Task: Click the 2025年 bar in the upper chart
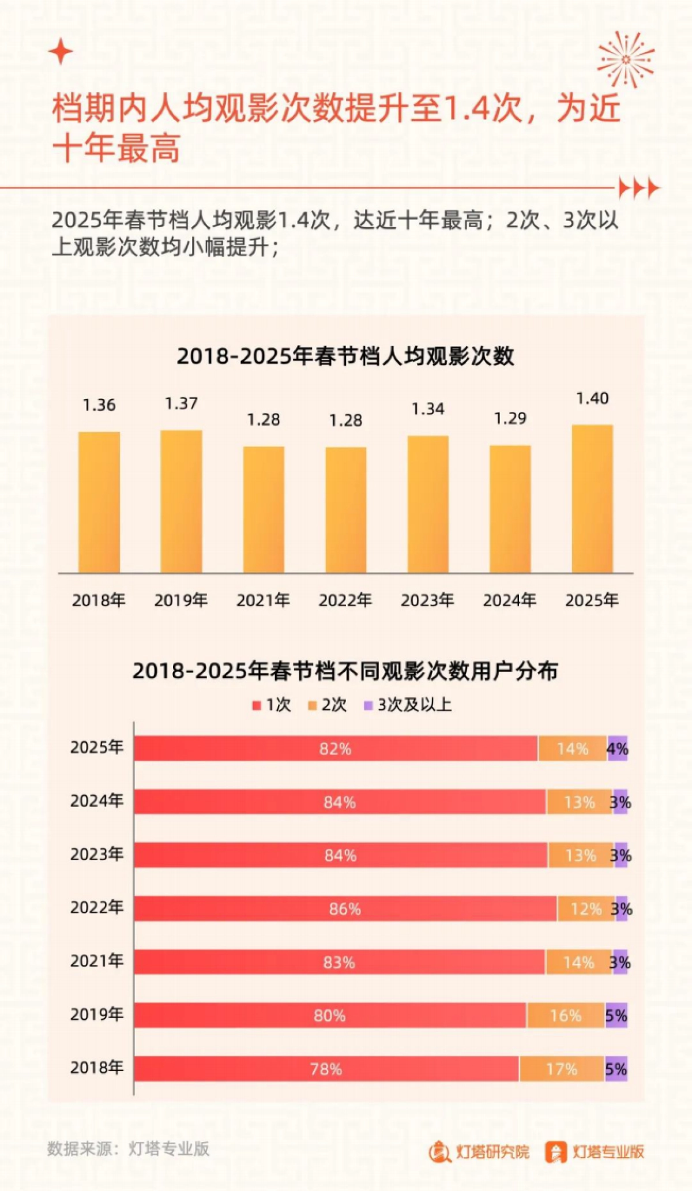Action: (x=592, y=499)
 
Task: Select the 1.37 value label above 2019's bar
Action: (x=181, y=403)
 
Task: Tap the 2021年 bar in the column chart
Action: (x=264, y=509)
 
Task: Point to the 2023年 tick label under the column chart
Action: (x=427, y=600)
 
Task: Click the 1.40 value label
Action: (x=592, y=399)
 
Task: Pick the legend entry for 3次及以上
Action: (x=408, y=705)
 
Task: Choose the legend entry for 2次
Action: (x=328, y=705)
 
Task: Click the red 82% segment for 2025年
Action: (x=336, y=749)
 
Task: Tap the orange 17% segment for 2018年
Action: (x=562, y=1069)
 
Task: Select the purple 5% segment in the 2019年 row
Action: (x=616, y=1016)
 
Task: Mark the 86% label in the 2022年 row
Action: (x=345, y=909)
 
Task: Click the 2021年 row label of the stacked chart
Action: (x=97, y=961)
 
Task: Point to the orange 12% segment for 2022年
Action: (x=586, y=909)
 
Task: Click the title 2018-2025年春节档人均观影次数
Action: (x=345, y=356)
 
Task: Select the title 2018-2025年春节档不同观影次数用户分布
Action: (x=345, y=671)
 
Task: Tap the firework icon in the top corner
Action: (x=626, y=59)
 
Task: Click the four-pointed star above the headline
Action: (x=61, y=52)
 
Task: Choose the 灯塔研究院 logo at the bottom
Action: (x=479, y=1151)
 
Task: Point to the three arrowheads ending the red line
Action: (x=639, y=188)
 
